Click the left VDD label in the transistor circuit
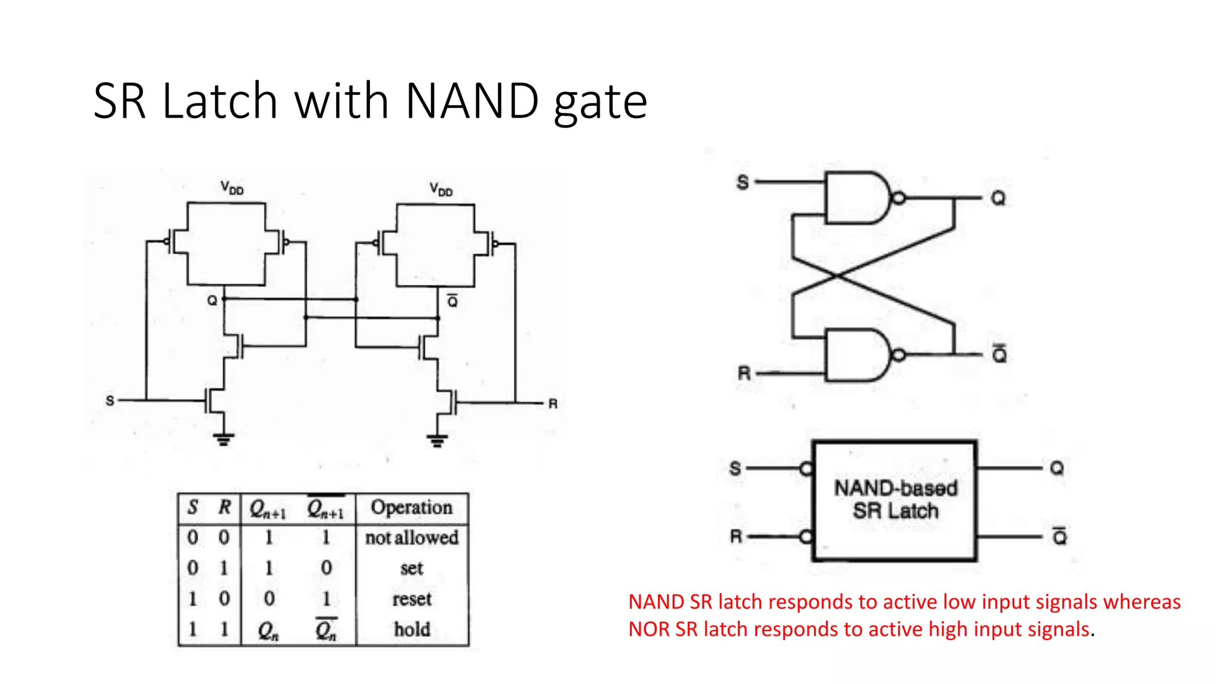232,188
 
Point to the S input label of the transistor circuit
110,401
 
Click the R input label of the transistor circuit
553,404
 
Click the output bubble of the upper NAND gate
899,198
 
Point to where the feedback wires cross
837,276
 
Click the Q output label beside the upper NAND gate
998,198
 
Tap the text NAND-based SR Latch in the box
895,499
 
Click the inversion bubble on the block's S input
806,469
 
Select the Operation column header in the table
411,508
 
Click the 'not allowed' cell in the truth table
411,538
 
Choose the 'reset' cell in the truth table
411,599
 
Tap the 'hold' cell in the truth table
411,629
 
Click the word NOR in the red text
649,629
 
